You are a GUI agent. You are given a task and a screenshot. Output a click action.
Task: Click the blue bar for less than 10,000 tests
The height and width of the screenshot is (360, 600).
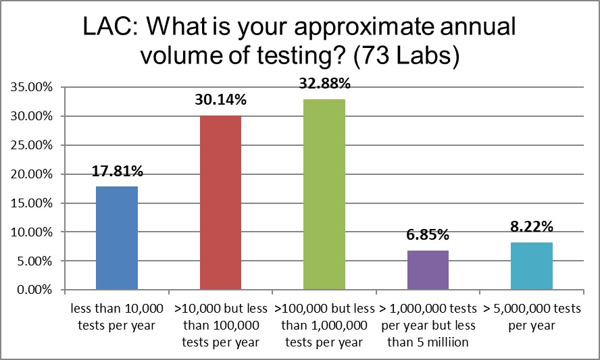click(x=117, y=238)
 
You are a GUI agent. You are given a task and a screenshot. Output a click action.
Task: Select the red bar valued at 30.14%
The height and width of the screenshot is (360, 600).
click(x=220, y=203)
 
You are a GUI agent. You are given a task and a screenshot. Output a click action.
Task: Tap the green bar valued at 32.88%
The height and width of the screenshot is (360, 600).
click(x=324, y=195)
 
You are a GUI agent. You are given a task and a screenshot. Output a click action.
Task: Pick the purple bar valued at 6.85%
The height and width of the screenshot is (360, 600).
click(x=428, y=270)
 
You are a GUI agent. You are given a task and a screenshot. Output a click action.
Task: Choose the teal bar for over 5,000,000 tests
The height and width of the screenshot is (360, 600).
click(x=532, y=266)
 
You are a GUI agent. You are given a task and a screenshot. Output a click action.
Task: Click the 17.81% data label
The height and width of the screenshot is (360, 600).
click(x=117, y=172)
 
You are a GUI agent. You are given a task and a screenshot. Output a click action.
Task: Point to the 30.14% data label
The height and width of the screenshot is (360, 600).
click(x=221, y=100)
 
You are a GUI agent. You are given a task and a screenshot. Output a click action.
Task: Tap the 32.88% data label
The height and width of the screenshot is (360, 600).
click(x=324, y=84)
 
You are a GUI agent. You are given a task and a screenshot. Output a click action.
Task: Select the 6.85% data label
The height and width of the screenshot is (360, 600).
click(x=428, y=235)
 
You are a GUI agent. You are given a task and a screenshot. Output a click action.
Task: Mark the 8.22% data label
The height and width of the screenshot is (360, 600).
click(x=532, y=227)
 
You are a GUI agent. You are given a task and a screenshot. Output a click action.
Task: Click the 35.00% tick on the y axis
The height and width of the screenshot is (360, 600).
click(x=29, y=87)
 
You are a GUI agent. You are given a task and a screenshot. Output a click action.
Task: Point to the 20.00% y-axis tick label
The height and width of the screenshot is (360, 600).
click(x=29, y=174)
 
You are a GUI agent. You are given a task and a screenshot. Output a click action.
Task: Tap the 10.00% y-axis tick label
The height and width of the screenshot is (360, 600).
click(x=29, y=232)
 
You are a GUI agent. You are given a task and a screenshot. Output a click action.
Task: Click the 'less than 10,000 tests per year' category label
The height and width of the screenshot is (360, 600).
click(x=117, y=317)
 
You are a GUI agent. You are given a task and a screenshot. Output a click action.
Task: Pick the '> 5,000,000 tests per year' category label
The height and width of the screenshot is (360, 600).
click(x=532, y=317)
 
